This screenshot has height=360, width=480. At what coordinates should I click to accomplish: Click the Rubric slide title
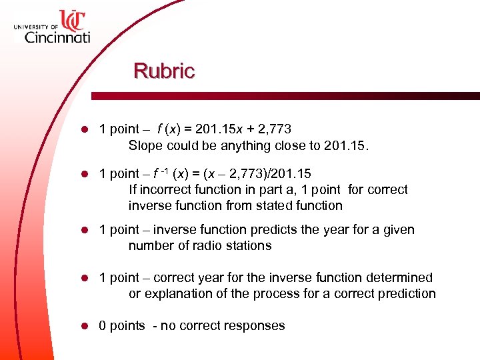coord(164,71)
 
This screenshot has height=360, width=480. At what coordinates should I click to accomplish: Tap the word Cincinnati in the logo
coord(57,37)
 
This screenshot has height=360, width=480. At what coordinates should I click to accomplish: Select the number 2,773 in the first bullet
coord(273,129)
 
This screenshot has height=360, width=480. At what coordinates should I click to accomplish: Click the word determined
coord(401,278)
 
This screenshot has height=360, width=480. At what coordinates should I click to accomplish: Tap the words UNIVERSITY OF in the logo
coord(35,26)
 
